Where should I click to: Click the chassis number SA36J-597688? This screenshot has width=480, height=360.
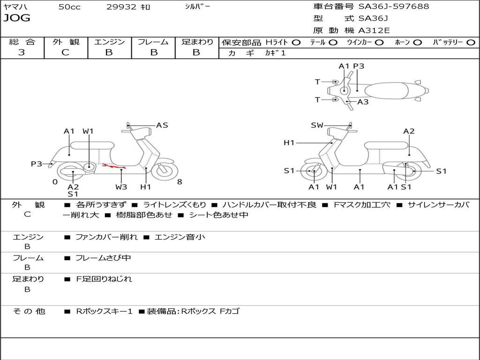point(394,7)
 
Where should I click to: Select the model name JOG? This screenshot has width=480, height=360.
point(17,18)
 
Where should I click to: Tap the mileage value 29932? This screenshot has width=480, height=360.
point(121,7)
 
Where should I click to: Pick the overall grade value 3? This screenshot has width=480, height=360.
point(22,52)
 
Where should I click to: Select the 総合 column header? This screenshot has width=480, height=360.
point(22,42)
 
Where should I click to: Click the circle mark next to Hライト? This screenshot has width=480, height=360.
point(296,42)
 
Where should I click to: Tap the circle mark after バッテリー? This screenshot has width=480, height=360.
point(471,42)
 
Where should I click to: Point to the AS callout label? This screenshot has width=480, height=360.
point(162,125)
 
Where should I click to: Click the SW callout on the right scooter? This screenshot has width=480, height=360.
point(317,125)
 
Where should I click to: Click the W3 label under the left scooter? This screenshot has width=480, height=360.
point(121,187)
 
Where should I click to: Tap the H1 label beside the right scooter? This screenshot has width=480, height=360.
point(289,143)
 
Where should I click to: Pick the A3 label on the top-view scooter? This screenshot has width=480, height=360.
point(363,102)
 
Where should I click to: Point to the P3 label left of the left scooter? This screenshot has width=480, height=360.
point(37,164)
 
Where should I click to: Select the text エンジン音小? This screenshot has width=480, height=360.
point(180,237)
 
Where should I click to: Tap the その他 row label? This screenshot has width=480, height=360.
point(29,311)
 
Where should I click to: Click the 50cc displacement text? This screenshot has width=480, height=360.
point(69,7)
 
